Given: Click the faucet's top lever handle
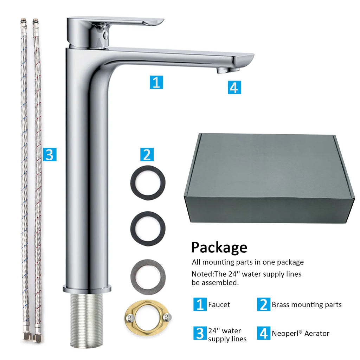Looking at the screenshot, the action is (x=115, y=22).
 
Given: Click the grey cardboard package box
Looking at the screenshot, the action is (x=270, y=178).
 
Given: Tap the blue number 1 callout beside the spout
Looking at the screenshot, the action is (x=156, y=82).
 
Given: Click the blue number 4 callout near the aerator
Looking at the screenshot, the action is (x=234, y=88).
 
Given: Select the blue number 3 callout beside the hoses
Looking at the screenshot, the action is (x=50, y=154).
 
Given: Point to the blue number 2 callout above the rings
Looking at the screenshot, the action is (x=147, y=154).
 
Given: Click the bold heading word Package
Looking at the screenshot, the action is (x=219, y=248).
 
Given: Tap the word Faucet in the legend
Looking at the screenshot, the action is (x=219, y=305).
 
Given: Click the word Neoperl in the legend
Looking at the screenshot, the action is (x=287, y=333).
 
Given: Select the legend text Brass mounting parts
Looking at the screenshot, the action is (x=307, y=305).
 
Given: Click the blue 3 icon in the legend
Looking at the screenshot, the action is (x=200, y=333).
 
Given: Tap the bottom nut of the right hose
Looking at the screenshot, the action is (x=37, y=337).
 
